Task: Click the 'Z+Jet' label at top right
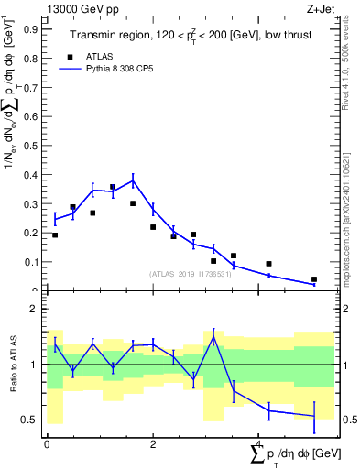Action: [321, 8]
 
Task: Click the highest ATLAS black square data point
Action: [113, 187]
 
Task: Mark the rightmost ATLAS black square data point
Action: [314, 279]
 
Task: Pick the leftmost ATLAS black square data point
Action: [55, 235]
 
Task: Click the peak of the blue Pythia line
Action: [133, 180]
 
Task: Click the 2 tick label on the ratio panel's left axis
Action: [35, 309]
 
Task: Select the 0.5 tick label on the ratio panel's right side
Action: [346, 420]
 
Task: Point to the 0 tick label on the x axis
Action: [47, 443]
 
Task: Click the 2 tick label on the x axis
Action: [153, 443]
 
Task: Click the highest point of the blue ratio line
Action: [213, 336]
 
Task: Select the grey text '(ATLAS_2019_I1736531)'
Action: [190, 273]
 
